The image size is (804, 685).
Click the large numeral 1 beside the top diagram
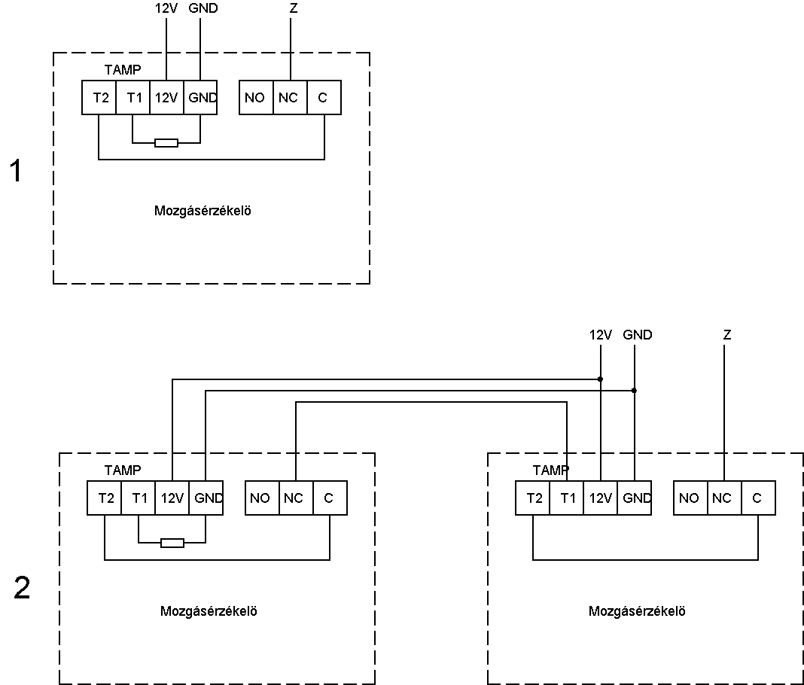click(17, 171)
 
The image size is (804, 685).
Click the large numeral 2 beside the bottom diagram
click(22, 588)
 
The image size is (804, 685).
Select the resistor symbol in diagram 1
click(166, 142)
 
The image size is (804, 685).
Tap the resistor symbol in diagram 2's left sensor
click(172, 543)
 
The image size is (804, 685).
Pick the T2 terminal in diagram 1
click(99, 97)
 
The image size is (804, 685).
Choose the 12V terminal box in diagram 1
click(166, 97)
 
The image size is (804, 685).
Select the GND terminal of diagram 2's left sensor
click(206, 498)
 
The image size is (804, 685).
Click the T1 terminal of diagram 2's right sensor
click(567, 498)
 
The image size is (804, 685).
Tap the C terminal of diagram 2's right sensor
click(758, 498)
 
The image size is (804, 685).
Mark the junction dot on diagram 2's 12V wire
click(601, 379)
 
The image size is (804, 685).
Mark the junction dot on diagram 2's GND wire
click(635, 391)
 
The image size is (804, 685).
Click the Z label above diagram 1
click(294, 8)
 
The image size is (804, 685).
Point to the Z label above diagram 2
click(727, 335)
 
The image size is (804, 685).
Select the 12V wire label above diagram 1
click(166, 8)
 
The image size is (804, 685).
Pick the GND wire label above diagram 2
click(638, 335)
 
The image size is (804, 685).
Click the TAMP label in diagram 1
click(123, 69)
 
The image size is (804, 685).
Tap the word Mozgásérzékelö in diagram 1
click(203, 211)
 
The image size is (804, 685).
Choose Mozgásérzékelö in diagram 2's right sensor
click(637, 611)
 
